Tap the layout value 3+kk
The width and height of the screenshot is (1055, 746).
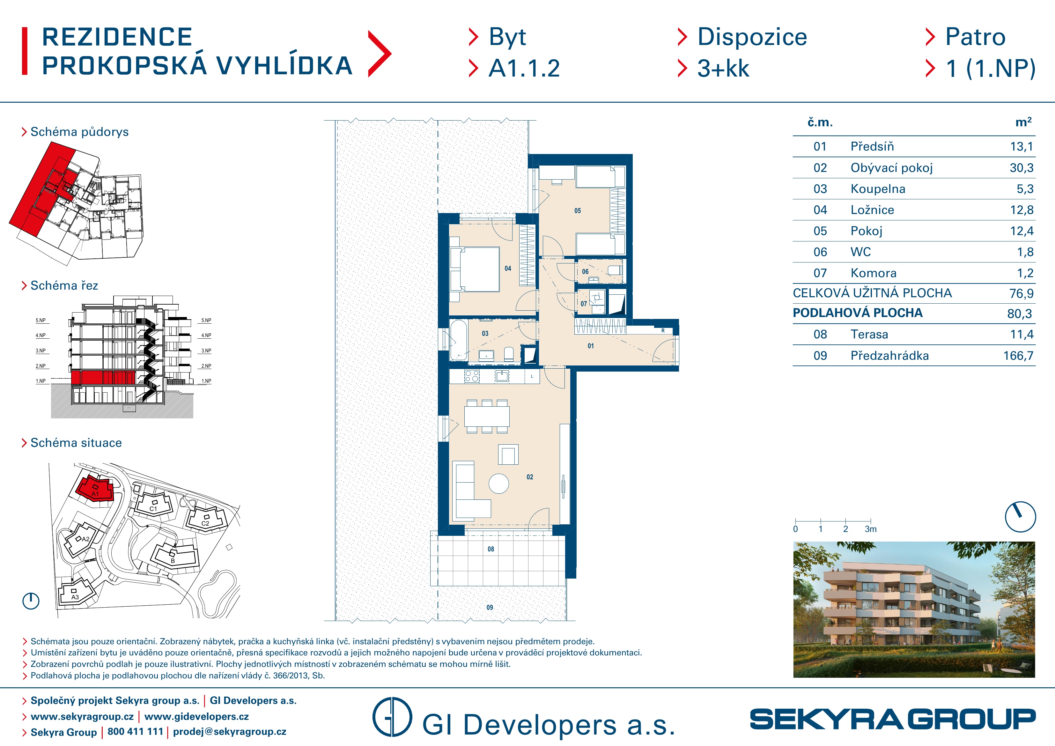point(723,69)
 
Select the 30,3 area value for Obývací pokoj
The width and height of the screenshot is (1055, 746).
point(1022,168)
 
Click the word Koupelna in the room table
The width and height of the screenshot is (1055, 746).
point(878,189)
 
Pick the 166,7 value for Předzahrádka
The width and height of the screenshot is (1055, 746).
point(1018,356)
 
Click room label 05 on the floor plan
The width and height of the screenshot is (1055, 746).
point(578,211)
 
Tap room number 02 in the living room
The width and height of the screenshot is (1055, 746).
point(530,477)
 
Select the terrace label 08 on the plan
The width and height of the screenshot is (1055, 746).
point(491,549)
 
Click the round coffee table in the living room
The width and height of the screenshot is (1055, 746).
point(498,484)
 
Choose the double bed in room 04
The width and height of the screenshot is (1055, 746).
point(475,269)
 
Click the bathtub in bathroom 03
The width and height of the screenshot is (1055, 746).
point(459,340)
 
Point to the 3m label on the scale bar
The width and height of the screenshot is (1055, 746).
point(870,529)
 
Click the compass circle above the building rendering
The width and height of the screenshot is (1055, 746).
point(1021,517)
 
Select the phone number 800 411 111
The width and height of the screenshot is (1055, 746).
point(135,732)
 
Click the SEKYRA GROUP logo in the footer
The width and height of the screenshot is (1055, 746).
point(892,719)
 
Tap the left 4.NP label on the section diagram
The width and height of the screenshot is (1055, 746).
point(41,336)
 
